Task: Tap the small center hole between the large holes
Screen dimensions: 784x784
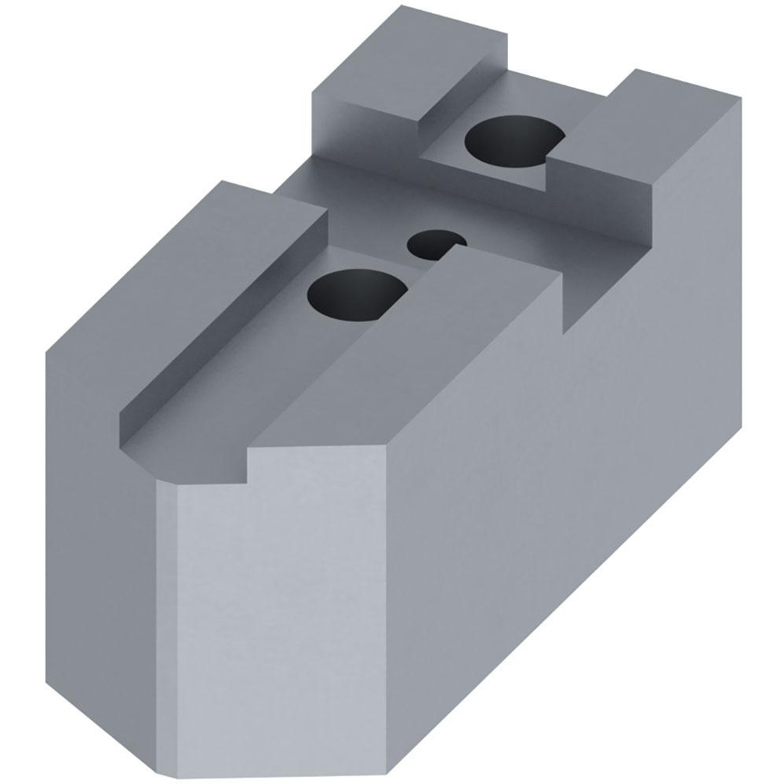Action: pos(431,243)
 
